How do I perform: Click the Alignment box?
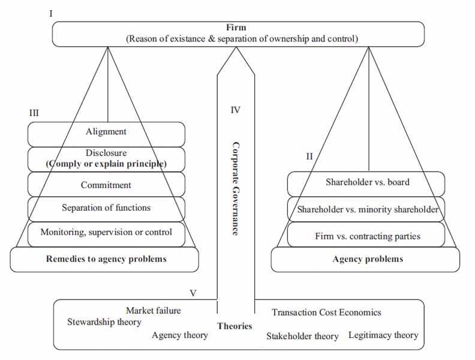[x=106, y=132]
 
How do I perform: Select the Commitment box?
[x=106, y=185]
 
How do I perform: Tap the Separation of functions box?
[x=106, y=208]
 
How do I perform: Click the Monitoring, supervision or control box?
[x=106, y=232]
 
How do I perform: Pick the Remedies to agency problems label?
[x=106, y=259]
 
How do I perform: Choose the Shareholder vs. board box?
[x=367, y=182]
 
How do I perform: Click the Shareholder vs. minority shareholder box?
[x=367, y=210]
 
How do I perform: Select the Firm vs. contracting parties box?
[x=367, y=236]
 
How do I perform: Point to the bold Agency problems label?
[x=367, y=259]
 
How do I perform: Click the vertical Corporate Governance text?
[x=236, y=188]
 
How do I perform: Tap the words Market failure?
[x=153, y=310]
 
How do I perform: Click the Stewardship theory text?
[x=104, y=322]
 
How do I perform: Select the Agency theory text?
[x=180, y=335]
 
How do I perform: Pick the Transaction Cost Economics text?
[x=326, y=312]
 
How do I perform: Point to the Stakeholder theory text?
[x=302, y=336]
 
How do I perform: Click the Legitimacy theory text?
[x=383, y=335]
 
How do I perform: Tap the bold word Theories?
[x=235, y=326]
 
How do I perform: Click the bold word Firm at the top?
[x=236, y=28]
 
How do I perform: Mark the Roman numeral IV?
[x=235, y=110]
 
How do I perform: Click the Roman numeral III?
[x=34, y=112]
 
